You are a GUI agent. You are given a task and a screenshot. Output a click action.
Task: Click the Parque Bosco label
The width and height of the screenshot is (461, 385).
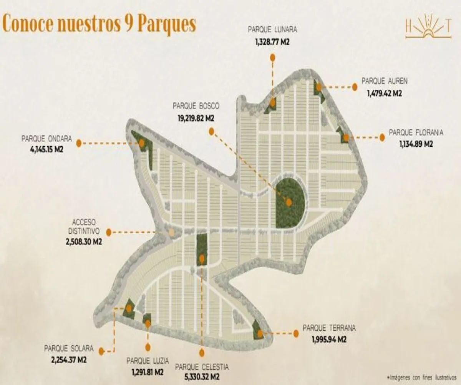[x=196, y=105]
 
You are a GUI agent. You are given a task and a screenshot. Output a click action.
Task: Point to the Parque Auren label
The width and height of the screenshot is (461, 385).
[x=381, y=81]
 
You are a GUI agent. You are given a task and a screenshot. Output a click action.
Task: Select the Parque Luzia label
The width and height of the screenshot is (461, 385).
[x=148, y=361]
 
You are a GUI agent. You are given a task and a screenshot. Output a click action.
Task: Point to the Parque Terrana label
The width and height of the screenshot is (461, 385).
[x=329, y=328]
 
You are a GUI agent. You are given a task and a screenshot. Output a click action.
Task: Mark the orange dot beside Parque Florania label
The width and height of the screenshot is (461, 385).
[x=382, y=137]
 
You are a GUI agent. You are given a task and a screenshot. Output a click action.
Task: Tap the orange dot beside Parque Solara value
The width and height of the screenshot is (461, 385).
[x=101, y=351]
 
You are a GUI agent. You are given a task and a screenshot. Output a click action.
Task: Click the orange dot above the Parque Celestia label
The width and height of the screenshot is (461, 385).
[x=202, y=352]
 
